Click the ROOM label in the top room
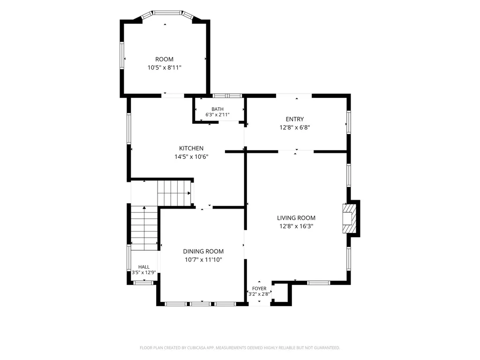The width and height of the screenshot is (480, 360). click(165, 60)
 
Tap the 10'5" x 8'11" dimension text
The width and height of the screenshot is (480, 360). click(165, 67)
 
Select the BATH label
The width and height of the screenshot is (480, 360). click(217, 109)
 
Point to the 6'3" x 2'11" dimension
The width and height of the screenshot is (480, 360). click(217, 115)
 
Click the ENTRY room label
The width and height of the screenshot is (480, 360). click(295, 119)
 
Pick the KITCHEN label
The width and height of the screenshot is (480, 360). click(191, 149)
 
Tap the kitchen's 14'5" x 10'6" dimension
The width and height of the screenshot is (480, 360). click(191, 157)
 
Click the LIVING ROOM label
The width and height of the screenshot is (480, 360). click(296, 218)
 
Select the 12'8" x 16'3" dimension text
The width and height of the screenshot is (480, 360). click(296, 226)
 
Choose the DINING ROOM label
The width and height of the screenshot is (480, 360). click(203, 251)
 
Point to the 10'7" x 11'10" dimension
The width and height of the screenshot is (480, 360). click(203, 260)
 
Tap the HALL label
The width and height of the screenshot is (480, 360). click(144, 267)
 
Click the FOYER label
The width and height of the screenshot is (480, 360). click(259, 288)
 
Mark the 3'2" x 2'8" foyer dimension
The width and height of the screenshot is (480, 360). click(259, 294)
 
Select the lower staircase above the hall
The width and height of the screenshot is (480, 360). click(144, 228)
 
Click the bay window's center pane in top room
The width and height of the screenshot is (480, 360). click(167, 13)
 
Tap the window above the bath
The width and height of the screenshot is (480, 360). click(227, 96)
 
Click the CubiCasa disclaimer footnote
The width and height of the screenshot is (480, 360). click(240, 348)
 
